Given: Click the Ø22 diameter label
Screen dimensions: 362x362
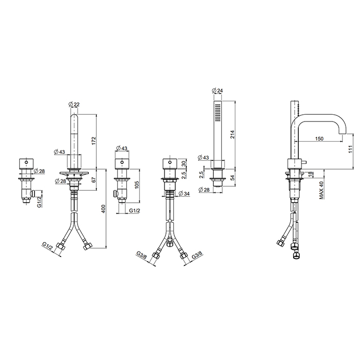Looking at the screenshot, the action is (74, 104).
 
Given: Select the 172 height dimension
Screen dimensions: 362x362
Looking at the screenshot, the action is (94, 141).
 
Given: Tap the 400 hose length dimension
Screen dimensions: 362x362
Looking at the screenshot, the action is (103, 209).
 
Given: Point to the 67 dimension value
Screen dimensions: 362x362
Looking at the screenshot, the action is (94, 180).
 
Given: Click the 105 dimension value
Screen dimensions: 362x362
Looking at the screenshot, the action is (137, 185).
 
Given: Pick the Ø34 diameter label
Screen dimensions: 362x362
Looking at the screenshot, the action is (184, 193).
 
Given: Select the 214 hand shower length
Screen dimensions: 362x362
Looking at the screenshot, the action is (232, 134).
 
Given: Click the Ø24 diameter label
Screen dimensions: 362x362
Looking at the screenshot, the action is (217, 90).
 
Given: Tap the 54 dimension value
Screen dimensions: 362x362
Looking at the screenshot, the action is (232, 177).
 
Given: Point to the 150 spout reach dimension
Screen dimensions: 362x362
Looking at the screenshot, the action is (319, 139).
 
